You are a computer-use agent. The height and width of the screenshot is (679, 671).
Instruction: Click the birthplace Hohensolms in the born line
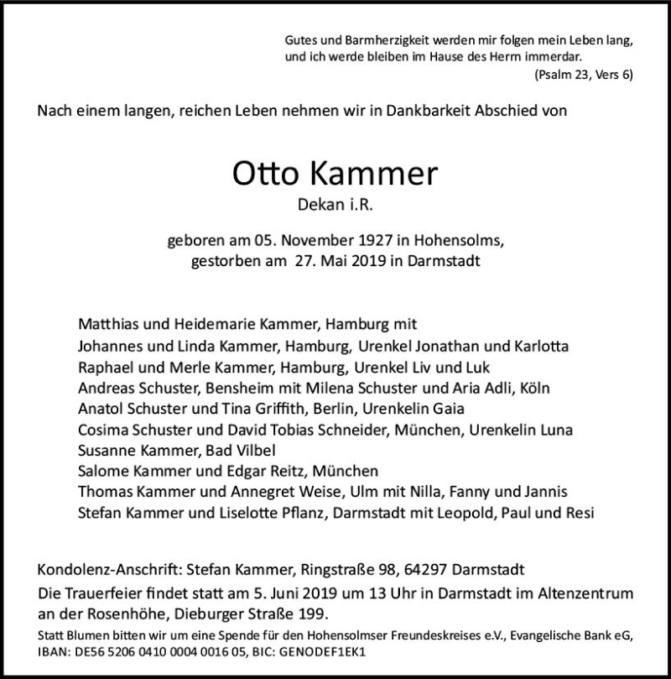pos(460,242)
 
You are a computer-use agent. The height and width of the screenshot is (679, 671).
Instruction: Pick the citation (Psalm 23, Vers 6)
pos(583,76)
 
